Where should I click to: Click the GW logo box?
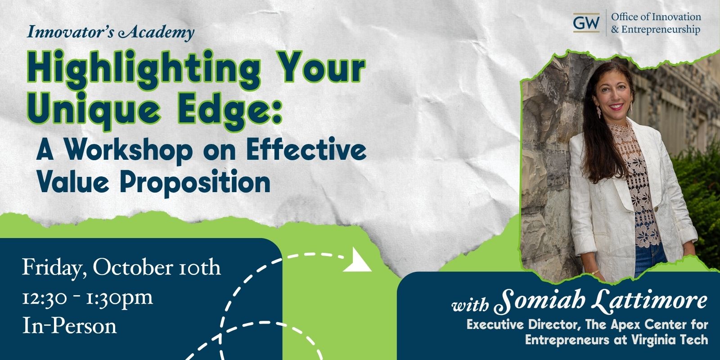(x=586, y=22)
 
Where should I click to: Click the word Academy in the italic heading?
(x=156, y=32)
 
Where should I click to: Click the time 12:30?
(x=45, y=297)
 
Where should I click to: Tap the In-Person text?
(x=69, y=326)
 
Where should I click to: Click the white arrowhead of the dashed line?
(x=357, y=261)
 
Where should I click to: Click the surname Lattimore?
(x=650, y=300)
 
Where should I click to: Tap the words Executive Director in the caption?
(x=524, y=324)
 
